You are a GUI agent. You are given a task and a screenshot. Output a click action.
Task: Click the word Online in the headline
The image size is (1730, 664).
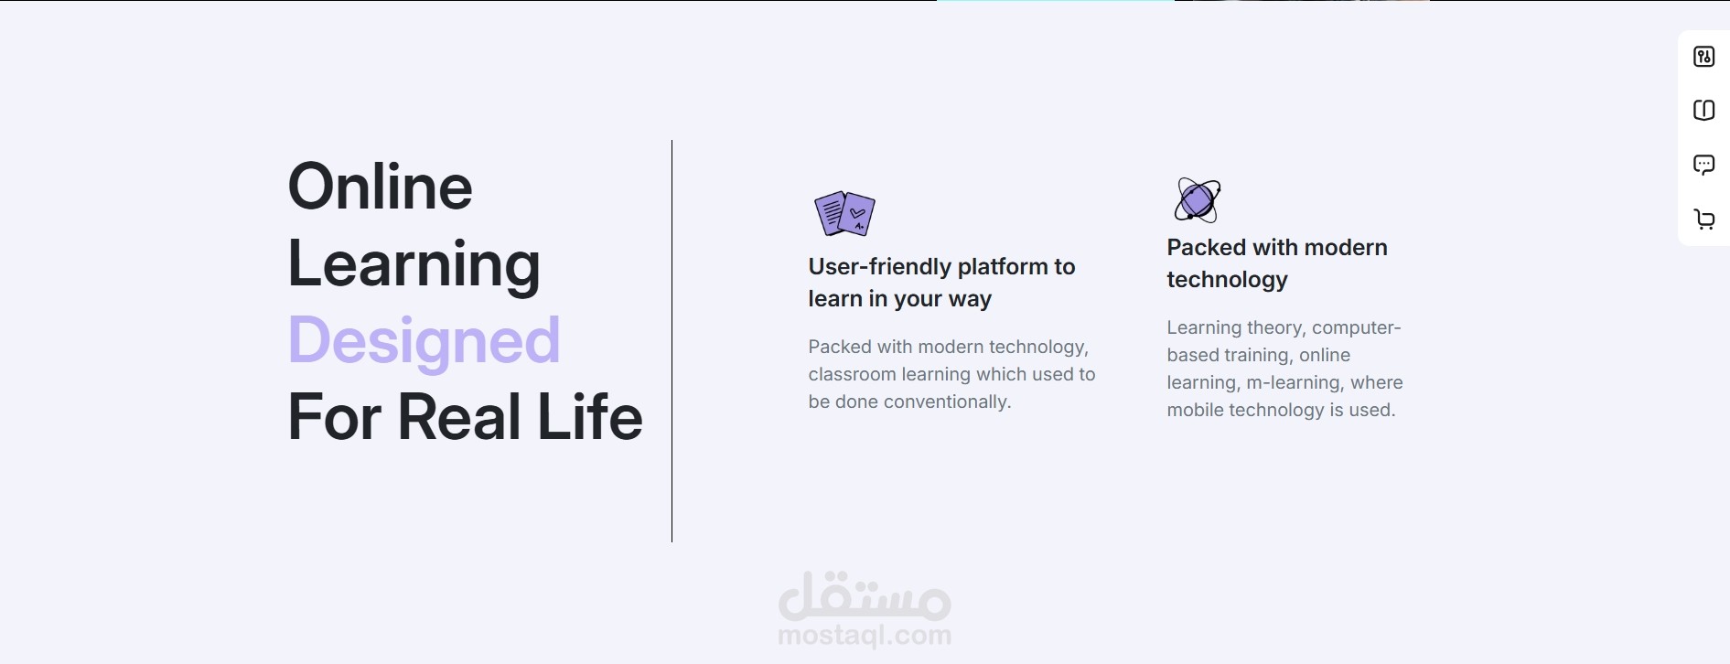381,187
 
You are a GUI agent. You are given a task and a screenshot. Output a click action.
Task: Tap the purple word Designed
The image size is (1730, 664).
424,340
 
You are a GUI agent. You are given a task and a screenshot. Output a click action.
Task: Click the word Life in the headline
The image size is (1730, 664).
590,417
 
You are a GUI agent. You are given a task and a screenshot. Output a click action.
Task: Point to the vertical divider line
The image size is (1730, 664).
672,341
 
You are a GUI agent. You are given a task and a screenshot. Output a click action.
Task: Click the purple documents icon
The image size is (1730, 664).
844,214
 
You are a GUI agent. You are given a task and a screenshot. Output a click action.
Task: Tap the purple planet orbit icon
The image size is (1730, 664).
1198,199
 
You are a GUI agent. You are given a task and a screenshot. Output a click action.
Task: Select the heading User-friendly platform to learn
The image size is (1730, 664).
941,283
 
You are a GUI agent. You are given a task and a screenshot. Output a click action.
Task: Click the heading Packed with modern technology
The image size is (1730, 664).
1277,263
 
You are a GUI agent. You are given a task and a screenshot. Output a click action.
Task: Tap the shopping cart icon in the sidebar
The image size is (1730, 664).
1703,220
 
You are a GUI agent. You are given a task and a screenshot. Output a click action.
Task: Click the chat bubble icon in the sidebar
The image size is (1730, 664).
1703,166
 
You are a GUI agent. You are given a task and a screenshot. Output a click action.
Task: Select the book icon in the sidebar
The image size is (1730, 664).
1703,111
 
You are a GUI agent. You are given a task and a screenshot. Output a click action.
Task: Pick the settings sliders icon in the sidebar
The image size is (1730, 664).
1703,57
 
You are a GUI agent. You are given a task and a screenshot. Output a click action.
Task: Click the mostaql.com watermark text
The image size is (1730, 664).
865,635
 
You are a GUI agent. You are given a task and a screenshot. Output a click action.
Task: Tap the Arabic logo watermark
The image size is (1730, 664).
865,595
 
